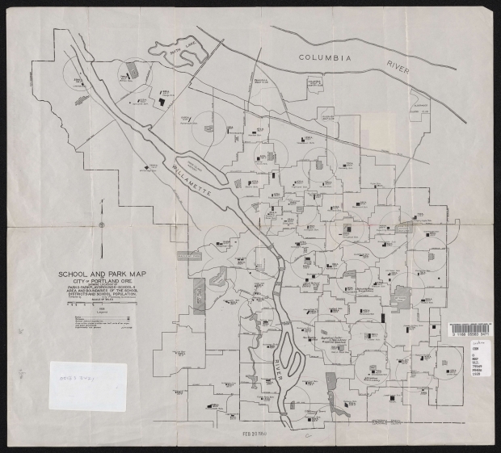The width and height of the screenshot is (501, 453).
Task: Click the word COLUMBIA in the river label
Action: pyautogui.click(x=325, y=58)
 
